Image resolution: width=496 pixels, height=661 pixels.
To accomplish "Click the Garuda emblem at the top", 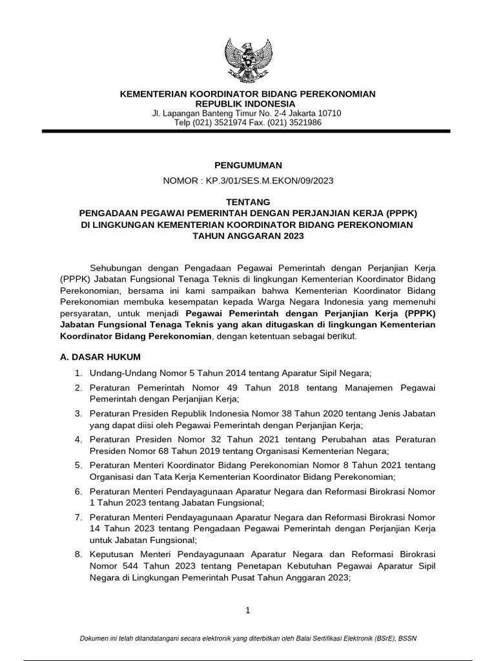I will tap(248, 61).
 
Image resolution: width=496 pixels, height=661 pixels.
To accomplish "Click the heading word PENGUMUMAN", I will tap(247, 165).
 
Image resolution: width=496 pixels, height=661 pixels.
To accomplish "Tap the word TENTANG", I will tap(248, 202).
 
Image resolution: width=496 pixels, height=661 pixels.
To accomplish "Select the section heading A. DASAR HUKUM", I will tap(99, 356).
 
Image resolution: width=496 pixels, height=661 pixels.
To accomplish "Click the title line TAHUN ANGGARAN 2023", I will tap(248, 236).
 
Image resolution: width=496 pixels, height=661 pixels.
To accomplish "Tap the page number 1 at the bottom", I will tap(247, 610).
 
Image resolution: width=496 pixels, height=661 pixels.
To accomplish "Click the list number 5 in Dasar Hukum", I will tap(78, 465).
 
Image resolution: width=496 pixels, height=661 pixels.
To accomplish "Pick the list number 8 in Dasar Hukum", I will tap(78, 555).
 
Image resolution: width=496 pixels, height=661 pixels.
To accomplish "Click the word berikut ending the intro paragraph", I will tap(338, 336).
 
